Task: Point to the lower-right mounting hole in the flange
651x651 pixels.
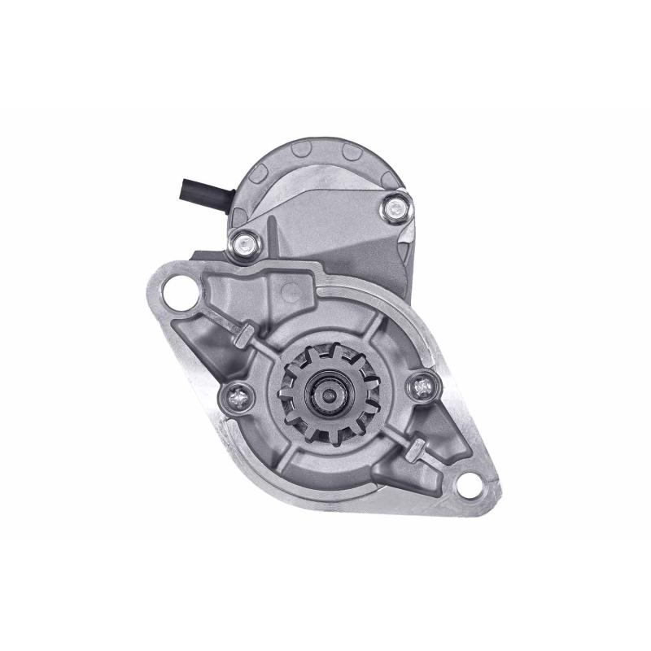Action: coord(470,486)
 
